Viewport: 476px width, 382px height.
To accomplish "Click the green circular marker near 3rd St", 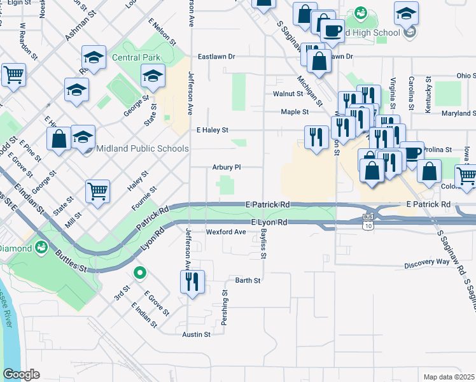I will pos(140,273).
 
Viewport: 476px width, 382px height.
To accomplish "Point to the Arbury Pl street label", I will pos(227,167).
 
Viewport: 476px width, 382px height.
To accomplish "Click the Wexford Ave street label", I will pos(225,232).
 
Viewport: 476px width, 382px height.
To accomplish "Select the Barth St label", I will pos(248,280).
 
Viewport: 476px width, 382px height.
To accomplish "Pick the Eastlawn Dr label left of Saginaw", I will pos(216,57).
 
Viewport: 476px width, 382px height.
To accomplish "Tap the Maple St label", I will pos(295,112).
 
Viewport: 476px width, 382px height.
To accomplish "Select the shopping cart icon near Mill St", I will pos(97,190).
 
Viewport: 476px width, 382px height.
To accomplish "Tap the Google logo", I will pos(22,374).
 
